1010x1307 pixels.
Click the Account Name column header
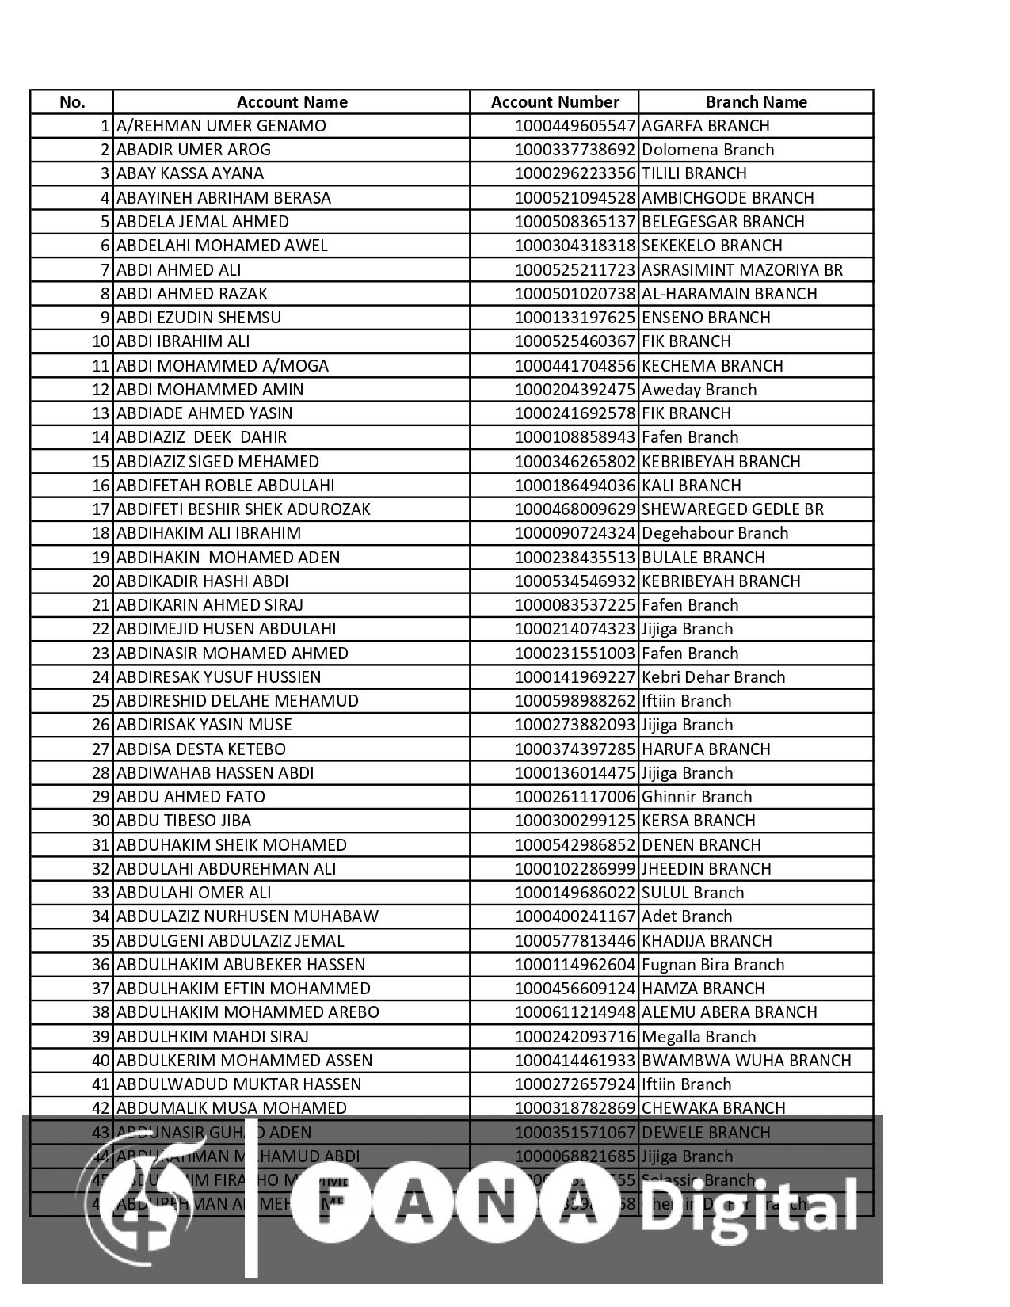pos(292,102)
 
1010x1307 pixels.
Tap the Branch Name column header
pos(756,102)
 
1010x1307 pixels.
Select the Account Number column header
pos(555,102)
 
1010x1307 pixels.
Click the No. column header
pos(72,102)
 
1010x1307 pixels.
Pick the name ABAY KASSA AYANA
pos(190,173)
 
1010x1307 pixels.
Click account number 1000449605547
pos(575,126)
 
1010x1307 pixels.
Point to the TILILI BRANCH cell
pos(694,173)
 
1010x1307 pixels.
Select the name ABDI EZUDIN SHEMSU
pos(199,318)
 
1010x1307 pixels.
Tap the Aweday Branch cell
pos(699,390)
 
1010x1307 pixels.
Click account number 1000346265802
pos(575,462)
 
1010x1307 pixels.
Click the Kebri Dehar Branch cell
pos(713,677)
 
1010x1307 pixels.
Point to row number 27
pos(100,749)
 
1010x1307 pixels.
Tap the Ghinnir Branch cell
pos(696,797)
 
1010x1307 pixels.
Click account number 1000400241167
pos(575,916)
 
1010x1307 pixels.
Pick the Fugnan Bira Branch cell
pos(713,965)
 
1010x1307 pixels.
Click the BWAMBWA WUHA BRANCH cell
pos(746,1061)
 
